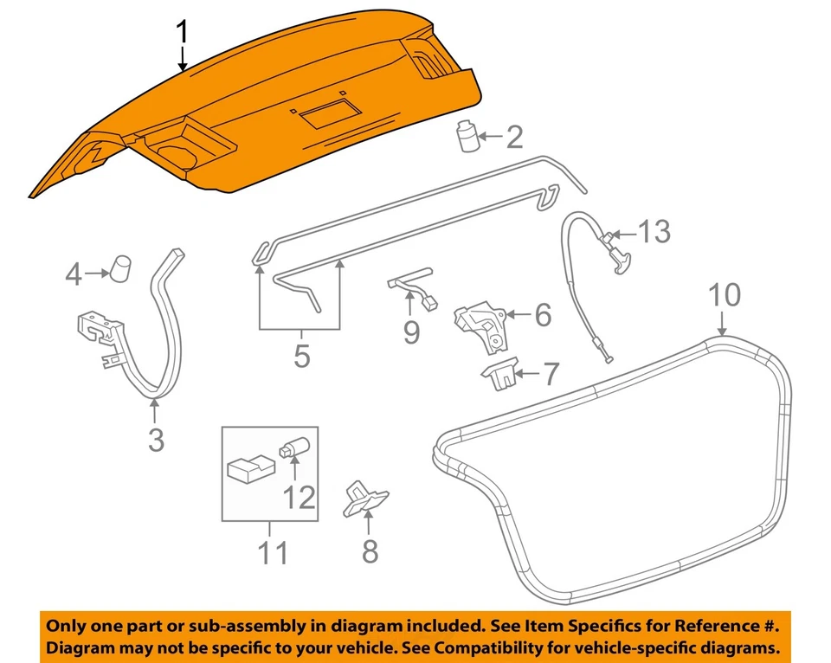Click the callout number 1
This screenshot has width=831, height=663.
pyautogui.click(x=182, y=33)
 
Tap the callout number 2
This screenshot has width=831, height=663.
pyautogui.click(x=514, y=137)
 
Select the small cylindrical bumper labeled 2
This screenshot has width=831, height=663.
pyautogui.click(x=468, y=137)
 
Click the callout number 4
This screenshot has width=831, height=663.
pyautogui.click(x=74, y=275)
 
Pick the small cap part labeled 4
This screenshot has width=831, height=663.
pyautogui.click(x=121, y=267)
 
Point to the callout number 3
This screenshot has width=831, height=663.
pyautogui.click(x=155, y=440)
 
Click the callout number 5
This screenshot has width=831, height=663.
pyautogui.click(x=301, y=356)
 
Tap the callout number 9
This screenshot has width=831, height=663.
pyautogui.click(x=411, y=331)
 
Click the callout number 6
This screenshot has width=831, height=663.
pyautogui.click(x=543, y=315)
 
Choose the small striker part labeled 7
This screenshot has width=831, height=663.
pyautogui.click(x=499, y=375)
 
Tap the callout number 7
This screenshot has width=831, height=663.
pyautogui.click(x=550, y=374)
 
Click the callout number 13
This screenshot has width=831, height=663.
pyautogui.click(x=654, y=232)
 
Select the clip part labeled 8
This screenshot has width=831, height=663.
pyautogui.click(x=365, y=499)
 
